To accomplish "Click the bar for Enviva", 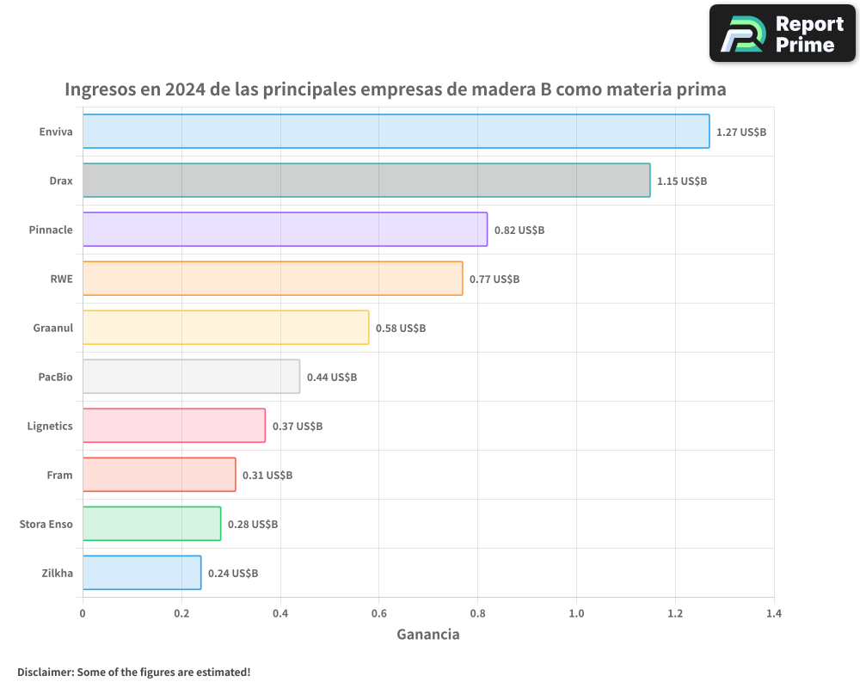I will [x=396, y=132].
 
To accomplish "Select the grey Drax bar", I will [x=366, y=181].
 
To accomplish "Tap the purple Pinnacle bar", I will [x=285, y=230].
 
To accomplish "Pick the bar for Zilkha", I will [x=142, y=573].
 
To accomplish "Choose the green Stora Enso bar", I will [x=151, y=524].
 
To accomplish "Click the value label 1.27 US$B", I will [x=741, y=132].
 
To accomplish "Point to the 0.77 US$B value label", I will [x=494, y=279].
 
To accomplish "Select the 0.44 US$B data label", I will [x=332, y=378].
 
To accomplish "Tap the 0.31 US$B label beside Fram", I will [x=267, y=476].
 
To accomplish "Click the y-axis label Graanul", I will [x=52, y=328].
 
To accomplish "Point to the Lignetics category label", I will [x=50, y=427].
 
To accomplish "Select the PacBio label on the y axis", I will [x=55, y=378].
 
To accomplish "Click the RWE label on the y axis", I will [x=62, y=279].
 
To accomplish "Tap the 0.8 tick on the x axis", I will [x=478, y=614].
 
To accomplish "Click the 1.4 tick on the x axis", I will [x=774, y=614].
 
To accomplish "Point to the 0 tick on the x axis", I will [x=83, y=614].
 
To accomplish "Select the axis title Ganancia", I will [x=428, y=635].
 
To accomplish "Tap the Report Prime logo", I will [x=783, y=34].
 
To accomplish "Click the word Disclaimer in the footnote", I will [x=45, y=673].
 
